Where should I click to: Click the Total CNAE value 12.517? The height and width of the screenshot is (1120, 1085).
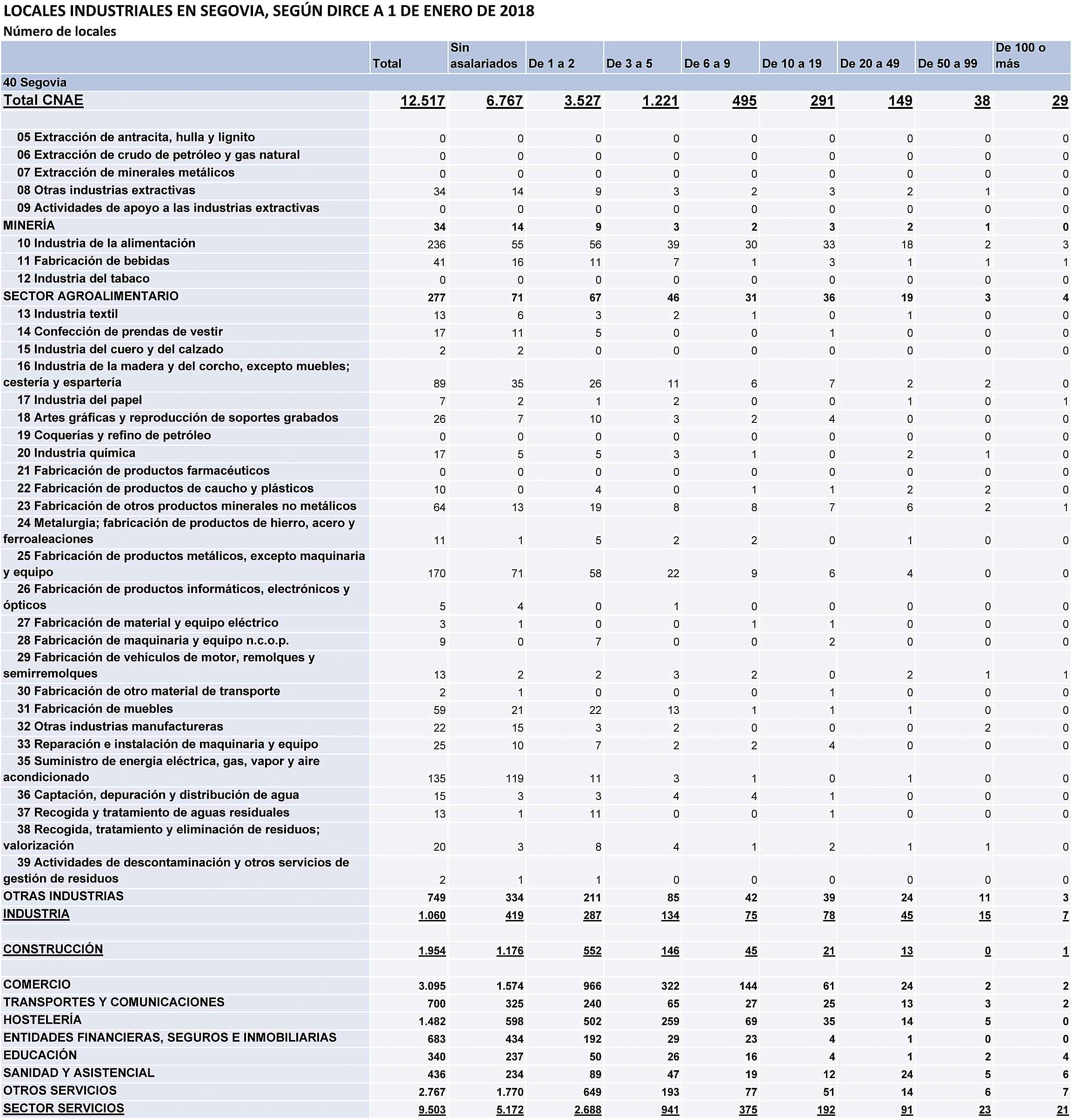click(x=422, y=101)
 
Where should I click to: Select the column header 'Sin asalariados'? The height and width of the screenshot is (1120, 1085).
click(x=483, y=56)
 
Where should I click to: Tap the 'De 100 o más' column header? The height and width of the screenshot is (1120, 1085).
click(x=1020, y=56)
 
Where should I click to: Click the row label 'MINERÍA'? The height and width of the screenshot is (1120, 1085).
click(x=29, y=226)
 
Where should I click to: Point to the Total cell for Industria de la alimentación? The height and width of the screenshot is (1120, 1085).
click(x=437, y=245)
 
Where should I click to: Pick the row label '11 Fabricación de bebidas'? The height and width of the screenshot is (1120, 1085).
click(x=93, y=261)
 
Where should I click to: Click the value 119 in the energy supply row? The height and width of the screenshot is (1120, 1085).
click(x=514, y=778)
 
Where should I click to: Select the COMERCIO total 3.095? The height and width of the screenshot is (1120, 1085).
click(x=432, y=986)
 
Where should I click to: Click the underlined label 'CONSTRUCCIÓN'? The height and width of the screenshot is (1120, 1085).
click(x=53, y=949)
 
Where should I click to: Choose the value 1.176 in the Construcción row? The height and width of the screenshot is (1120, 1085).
click(x=510, y=951)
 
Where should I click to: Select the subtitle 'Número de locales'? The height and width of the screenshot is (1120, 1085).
click(x=60, y=32)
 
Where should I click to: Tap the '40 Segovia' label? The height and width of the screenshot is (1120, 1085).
click(x=35, y=82)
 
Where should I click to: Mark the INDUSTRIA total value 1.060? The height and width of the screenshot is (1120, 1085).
click(x=432, y=915)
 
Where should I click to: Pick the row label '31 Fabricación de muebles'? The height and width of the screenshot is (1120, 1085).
click(x=95, y=709)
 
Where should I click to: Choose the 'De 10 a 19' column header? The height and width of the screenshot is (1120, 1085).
click(x=792, y=63)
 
